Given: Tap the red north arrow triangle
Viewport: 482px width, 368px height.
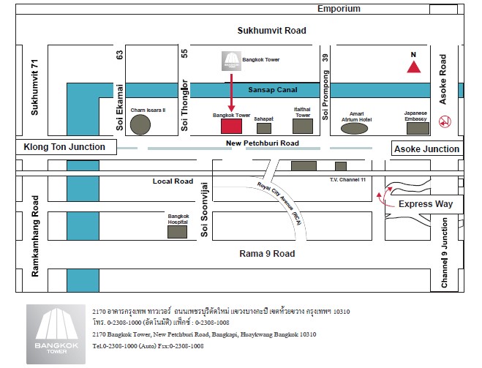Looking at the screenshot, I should pyautogui.click(x=414, y=67).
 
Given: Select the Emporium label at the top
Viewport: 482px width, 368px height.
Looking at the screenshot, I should pyautogui.click(x=339, y=9).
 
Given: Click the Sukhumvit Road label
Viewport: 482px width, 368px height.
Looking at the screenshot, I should pyautogui.click(x=271, y=31).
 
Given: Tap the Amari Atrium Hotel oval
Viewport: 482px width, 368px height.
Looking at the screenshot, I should pyautogui.click(x=355, y=129).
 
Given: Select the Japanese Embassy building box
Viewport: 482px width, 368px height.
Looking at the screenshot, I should pyautogui.click(x=418, y=128).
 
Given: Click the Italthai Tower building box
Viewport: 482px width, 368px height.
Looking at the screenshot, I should pyautogui.click(x=303, y=127).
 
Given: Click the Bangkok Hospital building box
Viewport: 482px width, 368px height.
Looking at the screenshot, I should pyautogui.click(x=178, y=232).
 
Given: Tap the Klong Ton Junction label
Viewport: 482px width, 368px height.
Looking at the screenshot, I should pyautogui.click(x=64, y=147).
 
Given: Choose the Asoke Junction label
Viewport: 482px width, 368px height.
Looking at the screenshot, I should pyautogui.click(x=427, y=149).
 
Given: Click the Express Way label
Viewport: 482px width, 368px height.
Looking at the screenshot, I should pyautogui.click(x=425, y=204).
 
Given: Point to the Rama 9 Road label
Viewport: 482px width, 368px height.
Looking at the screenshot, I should pyautogui.click(x=267, y=254).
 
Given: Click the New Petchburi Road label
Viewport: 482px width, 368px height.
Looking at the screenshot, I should pyautogui.click(x=263, y=143).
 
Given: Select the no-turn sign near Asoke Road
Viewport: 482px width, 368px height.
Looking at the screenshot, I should pyautogui.click(x=443, y=121).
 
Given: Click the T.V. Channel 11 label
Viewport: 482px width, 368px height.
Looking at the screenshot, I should pyautogui.click(x=347, y=180).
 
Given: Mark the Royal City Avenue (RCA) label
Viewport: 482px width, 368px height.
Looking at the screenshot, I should pyautogui.click(x=279, y=202).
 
